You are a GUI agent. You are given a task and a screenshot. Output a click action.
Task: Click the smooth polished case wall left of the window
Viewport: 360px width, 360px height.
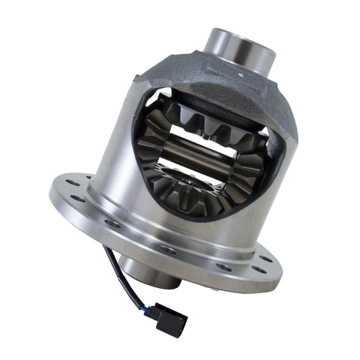tap(120, 150)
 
